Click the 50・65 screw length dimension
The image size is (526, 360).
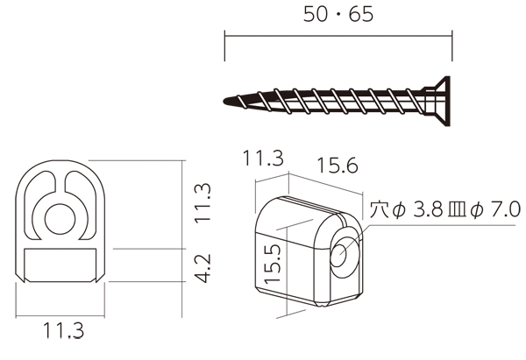[338, 15]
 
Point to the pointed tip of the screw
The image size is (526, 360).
[225, 101]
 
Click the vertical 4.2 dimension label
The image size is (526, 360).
[203, 268]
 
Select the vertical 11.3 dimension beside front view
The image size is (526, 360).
[203, 203]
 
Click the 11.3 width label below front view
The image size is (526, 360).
[63, 330]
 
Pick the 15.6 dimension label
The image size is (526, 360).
[338, 166]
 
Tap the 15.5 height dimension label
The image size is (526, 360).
[272, 264]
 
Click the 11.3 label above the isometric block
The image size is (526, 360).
[263, 159]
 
